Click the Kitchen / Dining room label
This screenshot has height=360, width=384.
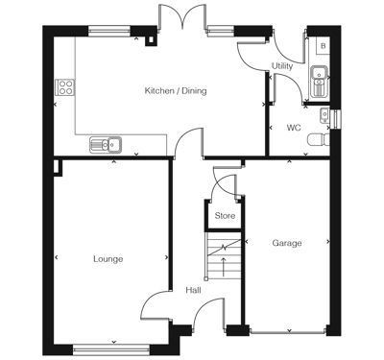(175, 91)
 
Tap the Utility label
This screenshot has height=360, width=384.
(282, 66)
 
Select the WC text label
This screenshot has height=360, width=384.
(293, 127)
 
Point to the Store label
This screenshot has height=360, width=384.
(225, 216)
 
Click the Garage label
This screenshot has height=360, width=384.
(286, 243)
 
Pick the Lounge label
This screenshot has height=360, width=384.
(108, 259)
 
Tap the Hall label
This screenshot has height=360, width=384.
(193, 289)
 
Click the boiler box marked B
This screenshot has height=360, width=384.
(322, 45)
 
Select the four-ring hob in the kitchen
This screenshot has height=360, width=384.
(65, 88)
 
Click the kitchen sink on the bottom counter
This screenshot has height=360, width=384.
(104, 145)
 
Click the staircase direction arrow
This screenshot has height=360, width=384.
(225, 260)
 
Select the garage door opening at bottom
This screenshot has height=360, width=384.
(286, 333)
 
